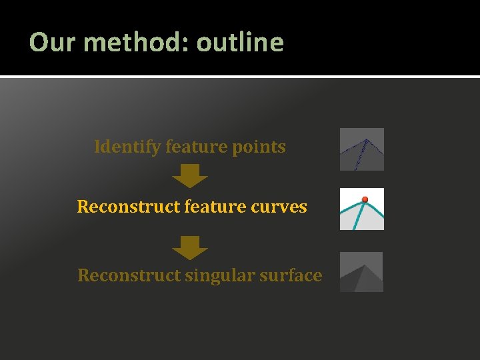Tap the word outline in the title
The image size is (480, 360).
(x=240, y=42)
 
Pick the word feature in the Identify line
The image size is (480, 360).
(x=194, y=147)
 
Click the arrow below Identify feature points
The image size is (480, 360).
(x=190, y=177)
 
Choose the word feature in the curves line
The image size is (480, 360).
(x=213, y=207)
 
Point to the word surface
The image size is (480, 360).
(x=291, y=275)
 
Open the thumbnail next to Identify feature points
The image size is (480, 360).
(x=362, y=149)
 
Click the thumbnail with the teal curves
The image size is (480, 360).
(x=362, y=209)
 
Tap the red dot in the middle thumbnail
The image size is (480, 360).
(x=365, y=199)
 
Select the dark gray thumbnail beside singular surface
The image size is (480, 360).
(x=362, y=272)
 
